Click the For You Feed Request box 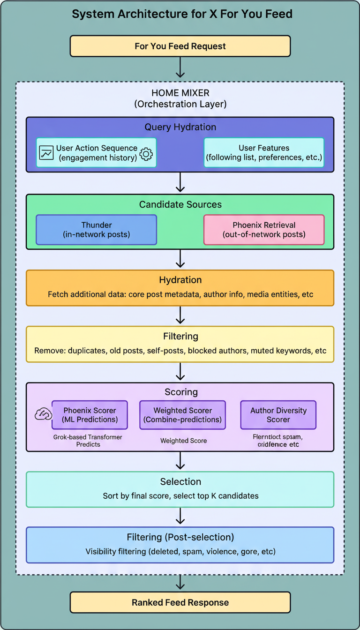pos(180,46)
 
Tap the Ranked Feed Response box pos(180,602)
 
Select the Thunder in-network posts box pos(96,230)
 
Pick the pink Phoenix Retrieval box pos(263,230)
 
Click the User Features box pos(263,153)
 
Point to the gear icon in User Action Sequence pos(146,153)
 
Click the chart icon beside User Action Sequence pos(46,153)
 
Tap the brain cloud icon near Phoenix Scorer pos(43,413)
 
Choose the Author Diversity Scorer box pos(278,415)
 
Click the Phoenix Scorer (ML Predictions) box pos(90,415)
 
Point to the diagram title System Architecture pos(182,14)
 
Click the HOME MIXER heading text pos(180,93)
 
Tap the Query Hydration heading pos(180,127)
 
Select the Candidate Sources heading pos(180,204)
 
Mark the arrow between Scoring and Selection pos(180,461)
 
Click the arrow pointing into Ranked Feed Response pos(180,583)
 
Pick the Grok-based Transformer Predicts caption pos(88,440)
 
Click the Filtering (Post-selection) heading pos(180,537)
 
